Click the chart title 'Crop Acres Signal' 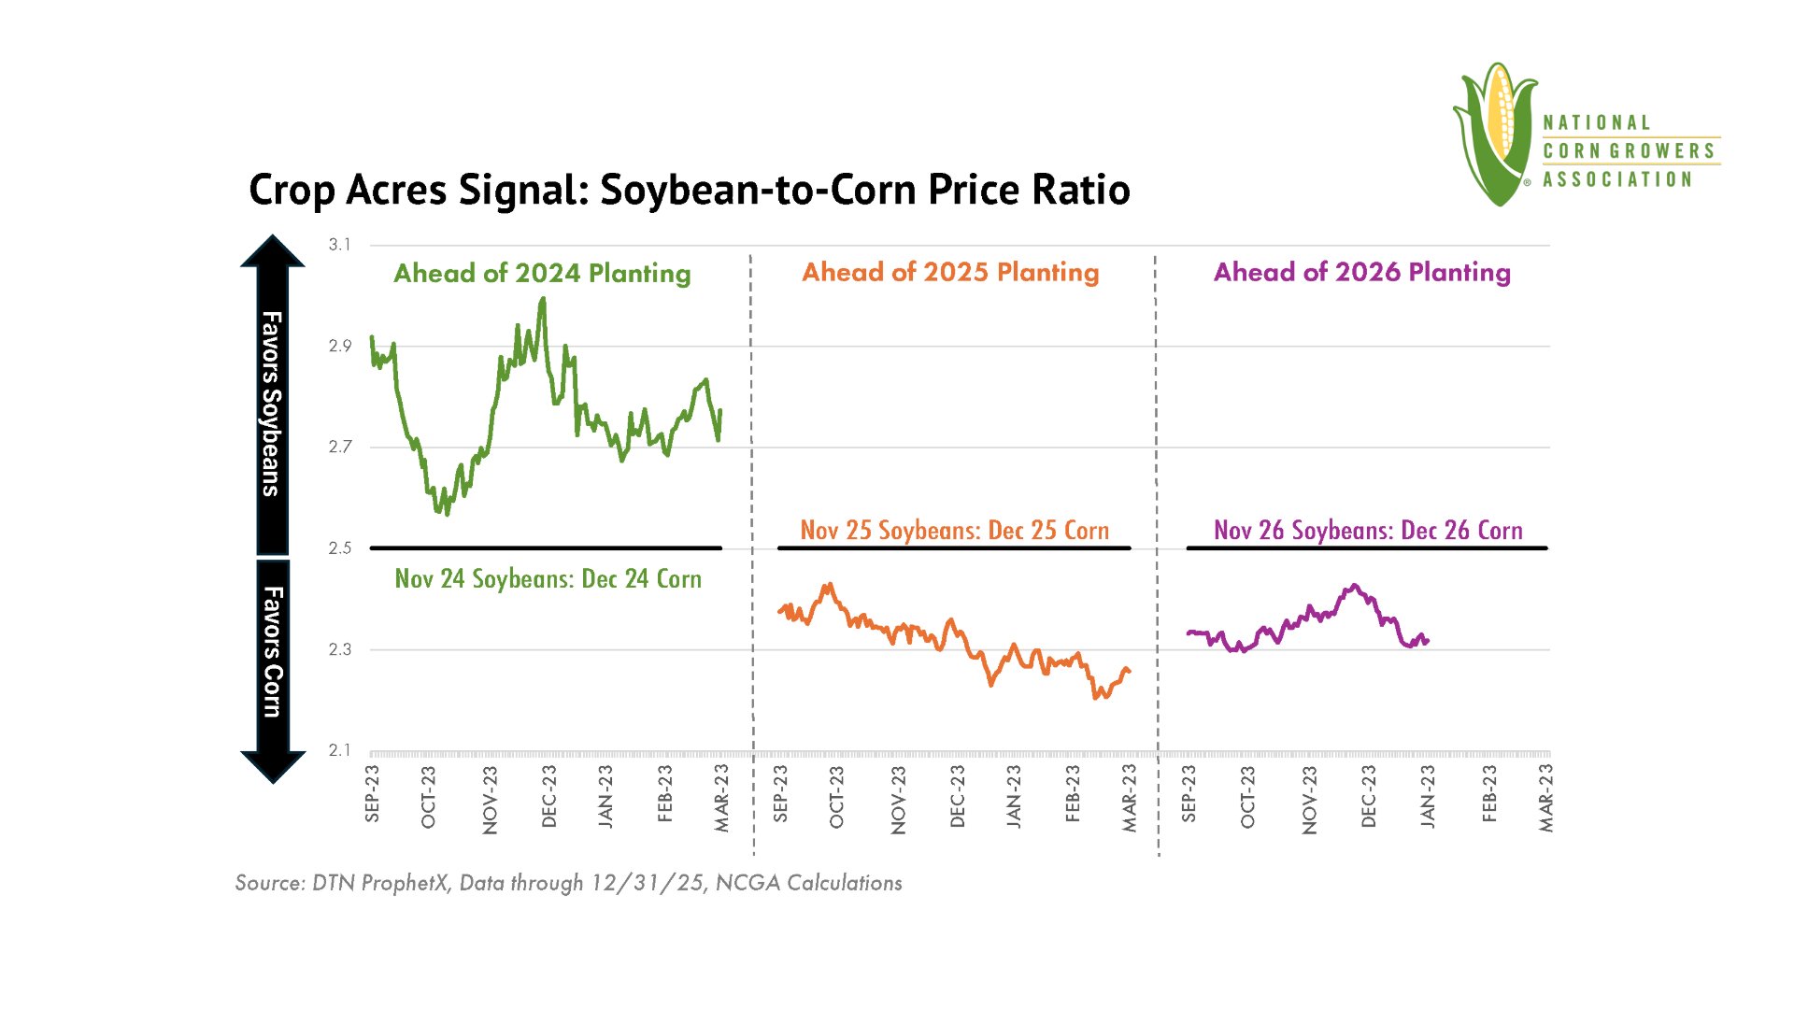click(x=419, y=190)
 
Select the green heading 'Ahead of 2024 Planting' click(x=542, y=273)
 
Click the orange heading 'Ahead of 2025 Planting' click(x=950, y=272)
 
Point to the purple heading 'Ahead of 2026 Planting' click(x=1361, y=272)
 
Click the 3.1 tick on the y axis click(x=339, y=245)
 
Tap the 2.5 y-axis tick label click(x=339, y=548)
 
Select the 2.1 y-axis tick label click(x=339, y=750)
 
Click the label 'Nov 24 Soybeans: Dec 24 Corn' click(x=548, y=579)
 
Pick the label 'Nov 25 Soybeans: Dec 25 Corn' click(x=954, y=531)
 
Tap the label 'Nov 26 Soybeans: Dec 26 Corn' click(x=1368, y=531)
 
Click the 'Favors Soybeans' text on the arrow click(x=271, y=404)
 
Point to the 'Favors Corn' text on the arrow click(x=272, y=652)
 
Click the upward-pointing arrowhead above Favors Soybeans click(x=273, y=250)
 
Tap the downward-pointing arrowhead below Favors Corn click(x=273, y=767)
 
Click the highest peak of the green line click(x=543, y=299)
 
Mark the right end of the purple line click(x=1428, y=641)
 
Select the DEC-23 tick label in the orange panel click(x=957, y=796)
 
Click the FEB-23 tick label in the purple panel click(x=1488, y=794)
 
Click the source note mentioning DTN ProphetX click(x=568, y=883)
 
